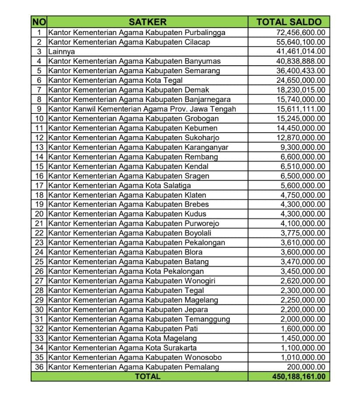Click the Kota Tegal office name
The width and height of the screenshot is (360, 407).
pyautogui.click(x=116, y=80)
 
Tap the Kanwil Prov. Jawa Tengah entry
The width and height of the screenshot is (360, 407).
pyautogui.click(x=142, y=109)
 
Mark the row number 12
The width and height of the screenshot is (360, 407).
pyautogui.click(x=39, y=138)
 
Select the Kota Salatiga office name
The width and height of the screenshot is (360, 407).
pyautogui.click(x=120, y=185)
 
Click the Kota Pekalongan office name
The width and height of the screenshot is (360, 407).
pyautogui.click(x=126, y=271)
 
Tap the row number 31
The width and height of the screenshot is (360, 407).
pyautogui.click(x=39, y=319)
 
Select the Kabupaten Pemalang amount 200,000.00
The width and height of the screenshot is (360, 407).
pyautogui.click(x=306, y=367)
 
